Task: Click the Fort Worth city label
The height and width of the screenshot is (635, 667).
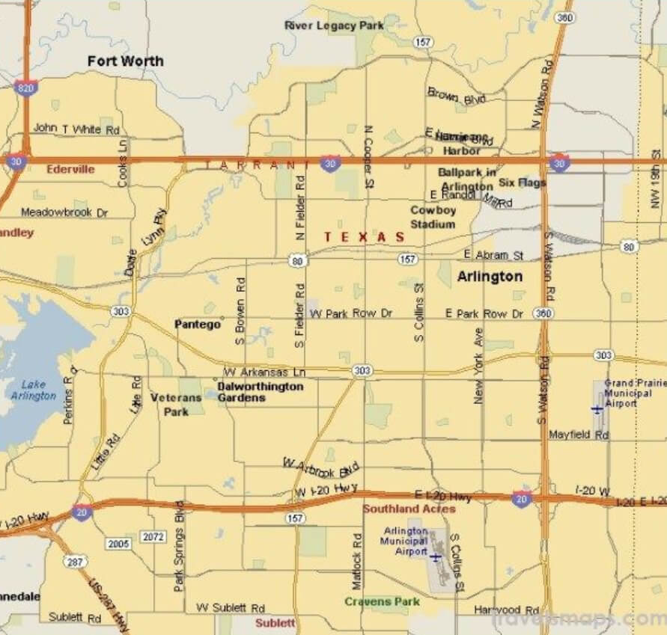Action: pyautogui.click(x=125, y=61)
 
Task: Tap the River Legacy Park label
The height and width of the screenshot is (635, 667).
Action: pyautogui.click(x=334, y=25)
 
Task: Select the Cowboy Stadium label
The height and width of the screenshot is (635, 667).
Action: pyautogui.click(x=433, y=217)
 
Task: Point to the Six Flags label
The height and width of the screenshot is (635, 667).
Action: pyautogui.click(x=522, y=182)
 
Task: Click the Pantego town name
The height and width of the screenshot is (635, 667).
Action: pyautogui.click(x=198, y=324)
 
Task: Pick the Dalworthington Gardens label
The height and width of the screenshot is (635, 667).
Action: pyautogui.click(x=260, y=392)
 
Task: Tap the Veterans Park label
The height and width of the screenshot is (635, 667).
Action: pyautogui.click(x=176, y=405)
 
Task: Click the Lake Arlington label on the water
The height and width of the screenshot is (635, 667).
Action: pyautogui.click(x=33, y=390)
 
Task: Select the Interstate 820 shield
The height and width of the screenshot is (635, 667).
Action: pyautogui.click(x=24, y=88)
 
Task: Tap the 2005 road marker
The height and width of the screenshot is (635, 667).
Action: pyautogui.click(x=117, y=543)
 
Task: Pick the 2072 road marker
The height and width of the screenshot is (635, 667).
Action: pyautogui.click(x=153, y=537)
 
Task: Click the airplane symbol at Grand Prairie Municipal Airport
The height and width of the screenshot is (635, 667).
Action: pyautogui.click(x=597, y=409)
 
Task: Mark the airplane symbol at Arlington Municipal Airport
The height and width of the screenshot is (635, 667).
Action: pyautogui.click(x=435, y=557)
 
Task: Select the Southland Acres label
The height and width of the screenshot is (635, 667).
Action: pyautogui.click(x=409, y=509)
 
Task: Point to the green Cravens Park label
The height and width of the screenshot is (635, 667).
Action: pyautogui.click(x=382, y=601)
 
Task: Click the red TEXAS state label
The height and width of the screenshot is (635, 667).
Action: pyautogui.click(x=365, y=236)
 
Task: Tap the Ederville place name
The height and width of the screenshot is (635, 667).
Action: pyautogui.click(x=70, y=169)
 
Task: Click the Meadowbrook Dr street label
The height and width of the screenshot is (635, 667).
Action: pyautogui.click(x=64, y=212)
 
